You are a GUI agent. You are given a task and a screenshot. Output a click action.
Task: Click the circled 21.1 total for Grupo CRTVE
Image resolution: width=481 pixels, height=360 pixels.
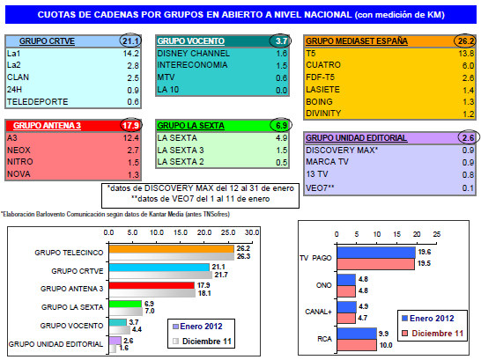(131, 40)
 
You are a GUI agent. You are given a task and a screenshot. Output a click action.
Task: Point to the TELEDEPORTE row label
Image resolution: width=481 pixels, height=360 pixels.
(35, 101)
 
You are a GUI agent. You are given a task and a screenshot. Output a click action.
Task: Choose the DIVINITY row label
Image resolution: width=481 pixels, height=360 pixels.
(324, 114)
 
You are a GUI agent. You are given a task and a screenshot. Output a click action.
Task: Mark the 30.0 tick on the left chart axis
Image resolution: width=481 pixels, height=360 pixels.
(253, 232)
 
